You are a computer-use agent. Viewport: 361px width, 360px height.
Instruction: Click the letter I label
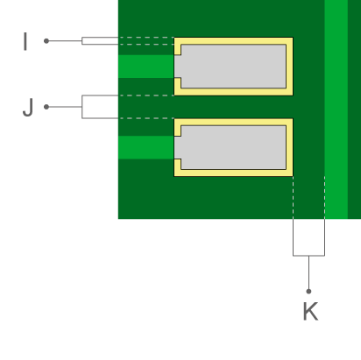pyautogui.click(x=25, y=41)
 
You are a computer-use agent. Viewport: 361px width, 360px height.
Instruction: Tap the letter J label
pyautogui.click(x=28, y=108)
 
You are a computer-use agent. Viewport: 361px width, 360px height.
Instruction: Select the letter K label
pyautogui.click(x=310, y=311)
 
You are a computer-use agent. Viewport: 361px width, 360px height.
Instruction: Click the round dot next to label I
pyautogui.click(x=46, y=41)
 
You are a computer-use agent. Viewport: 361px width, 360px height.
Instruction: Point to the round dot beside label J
pyautogui.click(x=46, y=107)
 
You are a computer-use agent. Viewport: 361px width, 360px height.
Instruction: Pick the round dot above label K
pyautogui.click(x=308, y=291)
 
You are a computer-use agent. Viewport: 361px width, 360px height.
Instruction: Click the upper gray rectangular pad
pyautogui.click(x=230, y=67)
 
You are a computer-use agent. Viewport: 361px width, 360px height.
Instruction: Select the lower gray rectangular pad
pyautogui.click(x=230, y=147)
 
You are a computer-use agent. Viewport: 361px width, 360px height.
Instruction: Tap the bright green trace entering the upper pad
pyautogui.click(x=146, y=67)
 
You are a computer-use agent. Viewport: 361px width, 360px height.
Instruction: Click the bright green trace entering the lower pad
pyautogui.click(x=146, y=147)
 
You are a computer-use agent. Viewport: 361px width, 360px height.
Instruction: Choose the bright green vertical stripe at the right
pyautogui.click(x=336, y=109)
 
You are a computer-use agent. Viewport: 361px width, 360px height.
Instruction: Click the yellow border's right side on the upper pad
pyautogui.click(x=289, y=67)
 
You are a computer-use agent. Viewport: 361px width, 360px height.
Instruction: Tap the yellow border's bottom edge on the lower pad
pyautogui.click(x=233, y=173)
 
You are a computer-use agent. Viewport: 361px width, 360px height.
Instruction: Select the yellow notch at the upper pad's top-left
pyautogui.click(x=178, y=50)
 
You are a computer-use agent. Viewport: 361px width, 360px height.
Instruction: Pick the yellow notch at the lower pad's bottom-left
pyautogui.click(x=178, y=165)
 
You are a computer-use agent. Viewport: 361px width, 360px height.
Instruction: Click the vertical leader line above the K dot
pyautogui.click(x=308, y=273)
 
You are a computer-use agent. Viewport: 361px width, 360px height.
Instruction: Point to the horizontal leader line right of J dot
pyautogui.click(x=64, y=107)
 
